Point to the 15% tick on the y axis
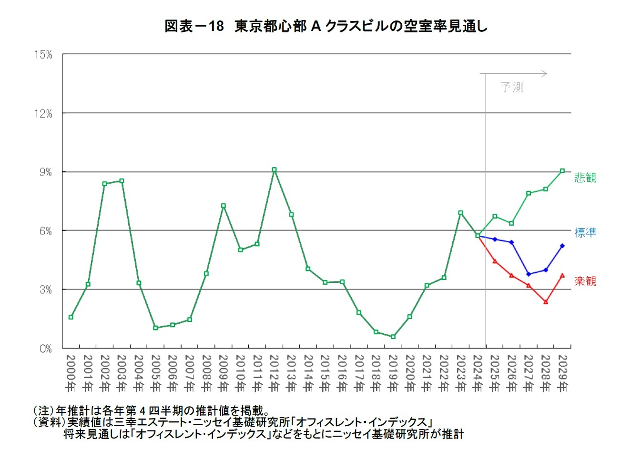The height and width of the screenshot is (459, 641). click(x=43, y=55)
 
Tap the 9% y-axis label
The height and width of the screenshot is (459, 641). click(x=45, y=172)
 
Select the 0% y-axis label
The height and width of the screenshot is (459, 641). click(x=45, y=349)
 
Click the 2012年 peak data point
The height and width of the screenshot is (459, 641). click(x=274, y=170)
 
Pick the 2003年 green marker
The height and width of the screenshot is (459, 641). click(x=122, y=181)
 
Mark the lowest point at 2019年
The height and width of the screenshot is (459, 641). click(x=393, y=337)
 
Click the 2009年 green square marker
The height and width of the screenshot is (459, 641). click(x=223, y=206)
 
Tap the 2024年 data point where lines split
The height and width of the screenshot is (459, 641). click(x=478, y=236)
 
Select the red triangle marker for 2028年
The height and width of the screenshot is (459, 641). click(x=546, y=302)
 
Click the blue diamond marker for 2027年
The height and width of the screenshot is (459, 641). click(x=529, y=274)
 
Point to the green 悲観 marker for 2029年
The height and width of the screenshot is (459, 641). click(x=562, y=171)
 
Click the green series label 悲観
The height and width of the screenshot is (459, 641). click(x=585, y=178)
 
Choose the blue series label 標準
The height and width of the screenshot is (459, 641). click(x=585, y=232)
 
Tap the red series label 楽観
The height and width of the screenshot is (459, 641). click(x=585, y=281)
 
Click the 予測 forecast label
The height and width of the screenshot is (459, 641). click(x=512, y=87)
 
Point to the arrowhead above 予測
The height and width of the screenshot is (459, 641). click(x=545, y=73)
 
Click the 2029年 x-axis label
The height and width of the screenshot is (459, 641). click(x=562, y=374)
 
